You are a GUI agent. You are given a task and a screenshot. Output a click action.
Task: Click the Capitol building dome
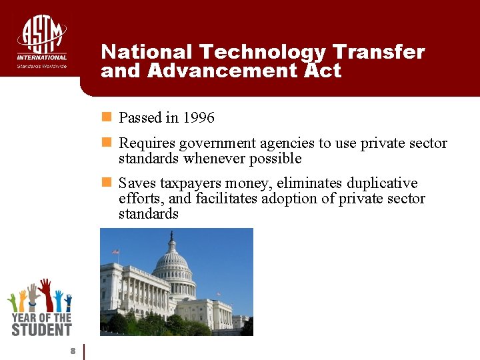coord(173,263)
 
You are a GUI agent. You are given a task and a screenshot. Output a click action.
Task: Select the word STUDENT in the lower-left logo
coord(41,329)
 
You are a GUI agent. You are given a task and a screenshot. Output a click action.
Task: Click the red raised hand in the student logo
coord(45,293)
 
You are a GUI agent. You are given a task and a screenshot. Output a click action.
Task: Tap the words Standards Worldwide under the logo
coord(41,66)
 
